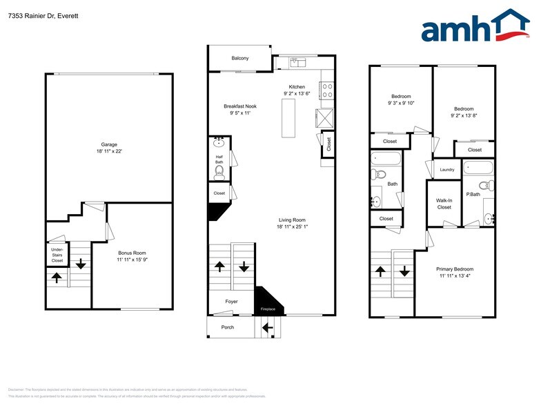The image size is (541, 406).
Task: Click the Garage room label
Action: pos(109,144)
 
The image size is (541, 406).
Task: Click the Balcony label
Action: pos(240,58)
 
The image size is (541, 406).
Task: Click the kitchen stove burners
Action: pos(327,90)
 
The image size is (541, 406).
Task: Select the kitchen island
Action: pos(288,117)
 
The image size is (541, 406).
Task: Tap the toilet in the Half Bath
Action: pos(220,171)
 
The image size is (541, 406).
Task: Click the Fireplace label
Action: pos(268,309)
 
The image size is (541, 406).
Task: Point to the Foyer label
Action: pos(231,301)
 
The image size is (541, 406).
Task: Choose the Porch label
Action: pos(228,327)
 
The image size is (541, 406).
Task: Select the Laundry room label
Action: pos(446,169)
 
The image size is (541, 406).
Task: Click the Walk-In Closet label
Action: pos(444,203)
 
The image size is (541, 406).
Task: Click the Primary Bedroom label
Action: pos(455,269)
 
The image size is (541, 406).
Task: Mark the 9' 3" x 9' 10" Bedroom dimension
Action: pos(400,103)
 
